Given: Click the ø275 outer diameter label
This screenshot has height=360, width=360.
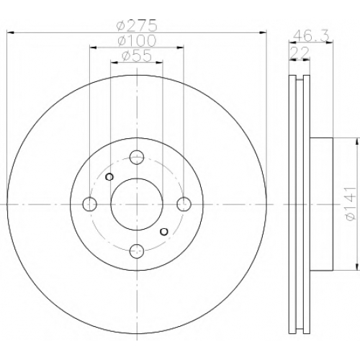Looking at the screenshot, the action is [137, 26].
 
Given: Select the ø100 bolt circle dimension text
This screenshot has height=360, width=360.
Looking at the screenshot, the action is [137, 41].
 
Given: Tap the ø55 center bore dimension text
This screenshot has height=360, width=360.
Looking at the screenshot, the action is [137, 55].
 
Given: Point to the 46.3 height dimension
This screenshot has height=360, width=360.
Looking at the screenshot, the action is [312, 36].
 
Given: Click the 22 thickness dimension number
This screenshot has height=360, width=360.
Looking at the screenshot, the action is [300, 53].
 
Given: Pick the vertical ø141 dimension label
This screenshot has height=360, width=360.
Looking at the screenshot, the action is [350, 204].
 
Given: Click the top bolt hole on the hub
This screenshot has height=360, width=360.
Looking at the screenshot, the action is [137, 158].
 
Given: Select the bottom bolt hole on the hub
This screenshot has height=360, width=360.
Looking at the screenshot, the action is [137, 251].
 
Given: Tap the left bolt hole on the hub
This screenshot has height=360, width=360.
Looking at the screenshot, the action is [90, 204].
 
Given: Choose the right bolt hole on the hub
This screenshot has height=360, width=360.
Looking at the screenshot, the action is [184, 204].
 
